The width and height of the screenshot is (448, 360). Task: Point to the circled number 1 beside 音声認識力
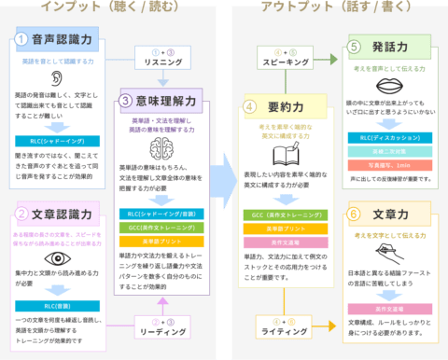click(21, 39)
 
